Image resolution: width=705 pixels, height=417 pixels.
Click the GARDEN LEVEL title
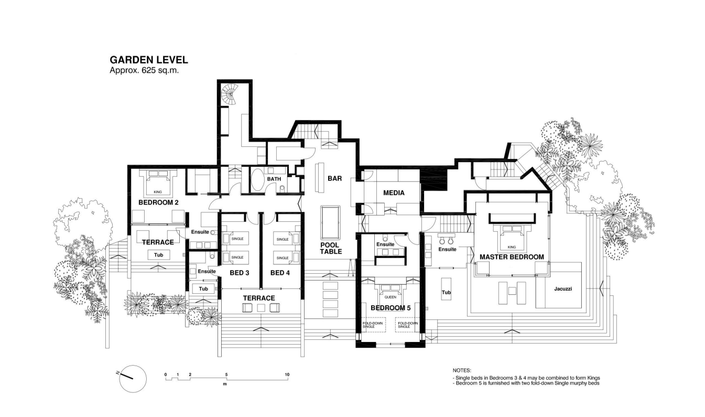[x=149, y=59]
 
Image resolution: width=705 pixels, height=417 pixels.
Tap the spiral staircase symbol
[x=229, y=95]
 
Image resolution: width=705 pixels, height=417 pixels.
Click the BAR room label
[x=334, y=178]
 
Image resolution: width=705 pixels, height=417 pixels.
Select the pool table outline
[x=330, y=222]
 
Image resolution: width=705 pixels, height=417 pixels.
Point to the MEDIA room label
[x=394, y=193]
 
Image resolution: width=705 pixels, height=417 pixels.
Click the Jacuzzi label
[x=563, y=289]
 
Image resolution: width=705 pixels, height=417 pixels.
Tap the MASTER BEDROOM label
[x=512, y=257]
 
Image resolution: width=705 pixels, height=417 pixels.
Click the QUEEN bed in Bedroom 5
[x=391, y=293]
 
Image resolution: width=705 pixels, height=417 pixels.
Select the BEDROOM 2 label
[x=158, y=202]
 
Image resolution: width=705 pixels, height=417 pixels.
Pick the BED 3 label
[x=239, y=273]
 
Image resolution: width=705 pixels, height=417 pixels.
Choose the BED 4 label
[x=280, y=273]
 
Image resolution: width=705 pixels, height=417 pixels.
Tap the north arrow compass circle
[x=133, y=379]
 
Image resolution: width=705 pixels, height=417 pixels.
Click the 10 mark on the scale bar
[x=287, y=375]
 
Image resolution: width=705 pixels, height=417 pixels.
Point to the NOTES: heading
[x=462, y=371]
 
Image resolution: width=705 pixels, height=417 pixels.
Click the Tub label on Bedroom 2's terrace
[x=158, y=255]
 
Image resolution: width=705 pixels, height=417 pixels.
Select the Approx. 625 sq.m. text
[x=144, y=71]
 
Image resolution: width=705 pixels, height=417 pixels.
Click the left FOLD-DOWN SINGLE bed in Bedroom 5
[x=374, y=325]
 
